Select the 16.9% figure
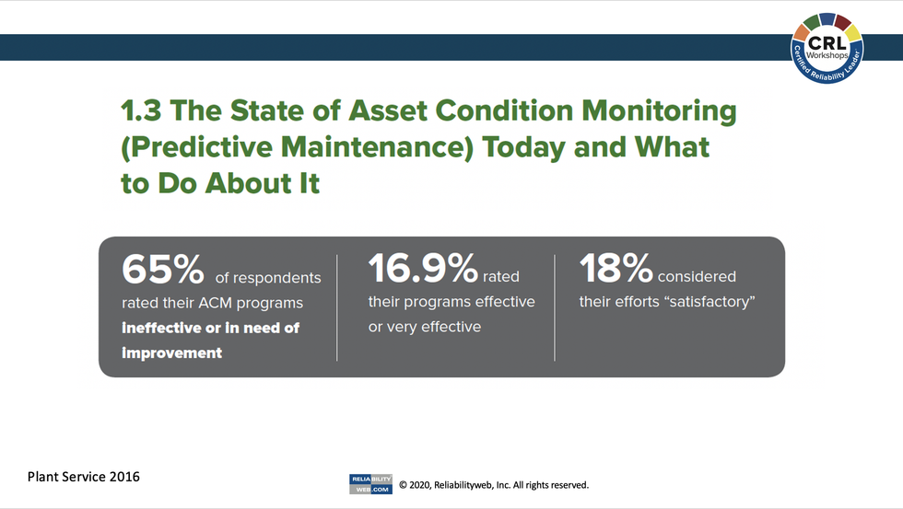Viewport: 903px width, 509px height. tap(423, 269)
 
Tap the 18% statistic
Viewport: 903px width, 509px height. tap(616, 269)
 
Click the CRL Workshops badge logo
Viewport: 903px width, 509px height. tap(827, 47)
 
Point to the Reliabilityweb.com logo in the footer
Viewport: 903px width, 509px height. tap(370, 484)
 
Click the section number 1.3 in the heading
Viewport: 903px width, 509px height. tap(142, 111)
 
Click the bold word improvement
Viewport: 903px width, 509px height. tap(171, 353)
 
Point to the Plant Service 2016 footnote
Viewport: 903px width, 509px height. tap(84, 477)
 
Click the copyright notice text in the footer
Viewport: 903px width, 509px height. tap(493, 485)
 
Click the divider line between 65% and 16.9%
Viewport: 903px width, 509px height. tap(337, 307)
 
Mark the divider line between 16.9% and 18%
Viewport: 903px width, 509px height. tap(555, 307)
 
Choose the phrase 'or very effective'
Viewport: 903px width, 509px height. tap(424, 327)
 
